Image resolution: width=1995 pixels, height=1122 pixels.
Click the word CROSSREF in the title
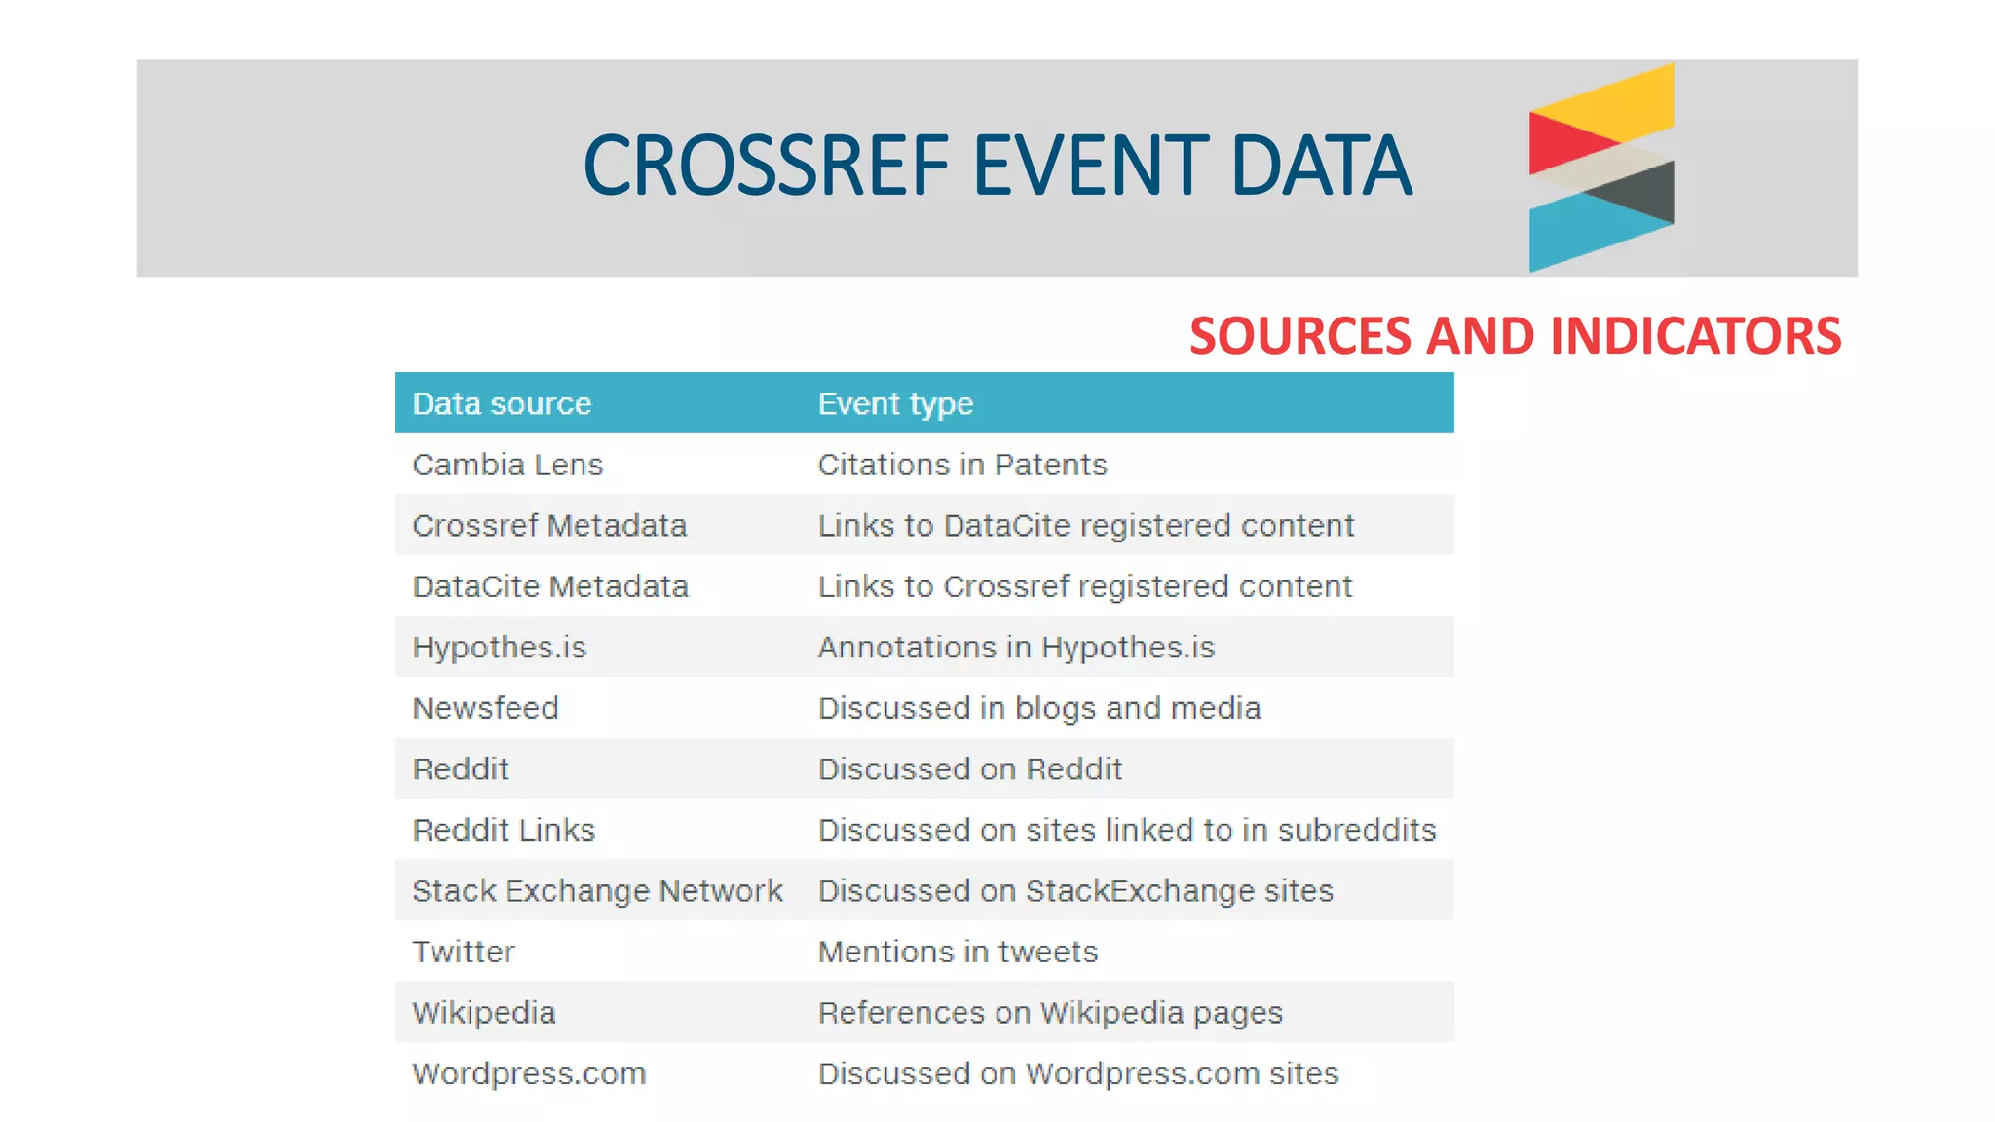pyautogui.click(x=766, y=166)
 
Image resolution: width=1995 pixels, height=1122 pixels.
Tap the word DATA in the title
pyautogui.click(x=1320, y=166)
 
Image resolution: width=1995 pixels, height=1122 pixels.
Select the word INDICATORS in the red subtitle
pyautogui.click(x=1695, y=336)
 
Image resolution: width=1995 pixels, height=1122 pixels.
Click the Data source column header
pyautogui.click(x=502, y=404)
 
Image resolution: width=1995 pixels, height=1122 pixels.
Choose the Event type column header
pyautogui.click(x=895, y=404)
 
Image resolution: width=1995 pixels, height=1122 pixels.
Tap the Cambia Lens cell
pyautogui.click(x=508, y=465)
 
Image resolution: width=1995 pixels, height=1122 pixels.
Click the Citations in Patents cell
pyautogui.click(x=962, y=465)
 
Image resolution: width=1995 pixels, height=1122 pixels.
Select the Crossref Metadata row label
pyautogui.click(x=549, y=526)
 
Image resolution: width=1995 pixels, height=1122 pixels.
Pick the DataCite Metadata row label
pyautogui.click(x=550, y=586)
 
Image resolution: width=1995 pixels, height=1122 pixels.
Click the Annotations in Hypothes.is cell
pyautogui.click(x=1016, y=648)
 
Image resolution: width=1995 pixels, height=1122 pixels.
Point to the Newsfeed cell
pyautogui.click(x=485, y=708)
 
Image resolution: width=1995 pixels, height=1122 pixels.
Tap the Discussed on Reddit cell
pyautogui.click(x=970, y=769)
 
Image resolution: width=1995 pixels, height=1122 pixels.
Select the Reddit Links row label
pyautogui.click(x=504, y=830)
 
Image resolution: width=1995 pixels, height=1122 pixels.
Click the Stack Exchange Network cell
pyautogui.click(x=597, y=891)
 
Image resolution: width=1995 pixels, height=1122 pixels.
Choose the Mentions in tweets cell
pyautogui.click(x=958, y=952)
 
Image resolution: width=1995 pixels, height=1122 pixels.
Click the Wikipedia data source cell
pyautogui.click(x=483, y=1013)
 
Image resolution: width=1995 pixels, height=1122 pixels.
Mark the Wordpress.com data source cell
pyautogui.click(x=529, y=1073)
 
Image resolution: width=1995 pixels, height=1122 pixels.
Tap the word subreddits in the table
pyautogui.click(x=1357, y=830)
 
